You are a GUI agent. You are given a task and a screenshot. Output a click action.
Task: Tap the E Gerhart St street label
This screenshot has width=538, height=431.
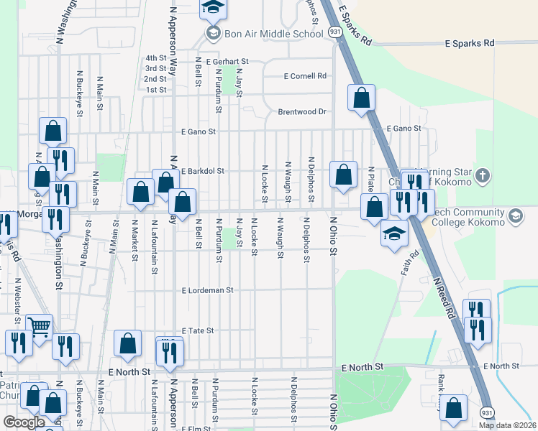227,62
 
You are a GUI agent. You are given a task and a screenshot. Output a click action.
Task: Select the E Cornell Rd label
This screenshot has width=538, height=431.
305,76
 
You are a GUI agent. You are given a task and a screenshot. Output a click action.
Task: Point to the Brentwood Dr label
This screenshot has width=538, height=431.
302,112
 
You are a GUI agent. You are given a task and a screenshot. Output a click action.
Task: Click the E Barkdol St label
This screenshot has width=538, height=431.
204,172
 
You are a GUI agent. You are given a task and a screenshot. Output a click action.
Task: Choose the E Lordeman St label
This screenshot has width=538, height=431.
208,291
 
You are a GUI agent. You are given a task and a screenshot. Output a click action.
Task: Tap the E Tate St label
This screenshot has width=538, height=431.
199,330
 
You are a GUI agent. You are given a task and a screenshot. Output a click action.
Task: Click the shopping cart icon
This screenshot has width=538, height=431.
39,327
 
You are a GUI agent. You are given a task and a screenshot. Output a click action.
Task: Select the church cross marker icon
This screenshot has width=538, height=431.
482,175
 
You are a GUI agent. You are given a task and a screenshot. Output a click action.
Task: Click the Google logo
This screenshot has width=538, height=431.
24,422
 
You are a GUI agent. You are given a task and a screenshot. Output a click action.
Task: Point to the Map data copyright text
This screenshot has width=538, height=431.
506,425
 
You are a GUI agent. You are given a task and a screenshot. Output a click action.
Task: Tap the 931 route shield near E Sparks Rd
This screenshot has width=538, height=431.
335,32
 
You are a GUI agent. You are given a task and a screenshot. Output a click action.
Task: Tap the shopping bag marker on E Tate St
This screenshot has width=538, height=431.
127,344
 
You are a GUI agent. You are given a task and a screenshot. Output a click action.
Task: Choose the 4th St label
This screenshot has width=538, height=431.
155,58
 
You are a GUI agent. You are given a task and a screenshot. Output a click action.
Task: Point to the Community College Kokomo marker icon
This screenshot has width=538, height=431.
515,215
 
